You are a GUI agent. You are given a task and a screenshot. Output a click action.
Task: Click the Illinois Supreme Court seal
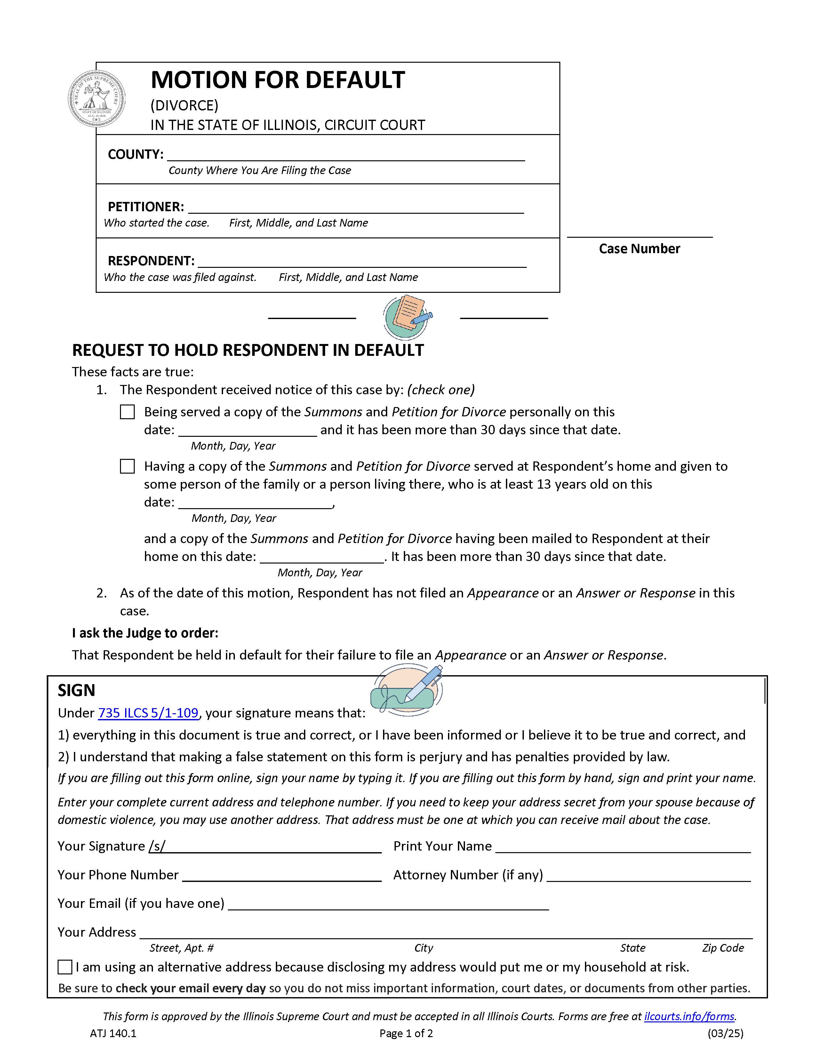pos(97,99)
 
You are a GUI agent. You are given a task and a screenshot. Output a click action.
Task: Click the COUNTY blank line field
pos(346,156)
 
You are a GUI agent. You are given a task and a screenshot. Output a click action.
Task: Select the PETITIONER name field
pos(355,208)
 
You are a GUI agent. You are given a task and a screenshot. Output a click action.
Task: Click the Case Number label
pos(639,249)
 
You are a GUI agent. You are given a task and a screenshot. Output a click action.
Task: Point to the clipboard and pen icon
pos(407,317)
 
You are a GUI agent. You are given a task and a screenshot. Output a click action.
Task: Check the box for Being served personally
pos(127,412)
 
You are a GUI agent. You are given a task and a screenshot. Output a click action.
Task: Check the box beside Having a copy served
pos(127,466)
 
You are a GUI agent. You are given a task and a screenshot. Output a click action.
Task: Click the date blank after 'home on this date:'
pos(322,557)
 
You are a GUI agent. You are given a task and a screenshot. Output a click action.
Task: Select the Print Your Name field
pos(623,847)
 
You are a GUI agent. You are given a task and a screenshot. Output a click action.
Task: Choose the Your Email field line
pos(388,905)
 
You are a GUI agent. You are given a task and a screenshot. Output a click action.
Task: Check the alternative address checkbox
pos(65,967)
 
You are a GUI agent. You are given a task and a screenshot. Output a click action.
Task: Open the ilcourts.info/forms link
pos(689,1016)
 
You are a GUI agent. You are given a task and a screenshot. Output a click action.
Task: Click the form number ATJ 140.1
pos(113,1034)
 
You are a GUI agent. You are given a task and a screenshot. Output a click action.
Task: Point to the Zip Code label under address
pos(723,948)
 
